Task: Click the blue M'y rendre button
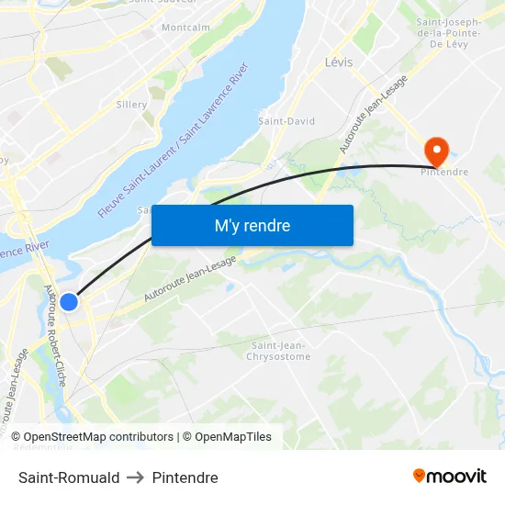coord(252,225)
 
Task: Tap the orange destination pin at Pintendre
coord(435,149)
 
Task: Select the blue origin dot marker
coord(69,301)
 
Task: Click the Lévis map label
coord(339,62)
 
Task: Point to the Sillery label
coord(132,105)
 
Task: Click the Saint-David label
coord(286,121)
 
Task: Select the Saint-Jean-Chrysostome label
coord(279,351)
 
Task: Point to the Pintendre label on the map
coord(446,172)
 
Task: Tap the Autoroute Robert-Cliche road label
coord(55,334)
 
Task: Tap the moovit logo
coord(450,477)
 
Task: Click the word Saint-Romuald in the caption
coord(69,477)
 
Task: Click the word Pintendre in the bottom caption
coord(185,477)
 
